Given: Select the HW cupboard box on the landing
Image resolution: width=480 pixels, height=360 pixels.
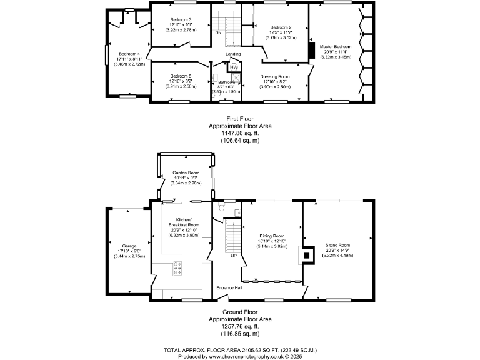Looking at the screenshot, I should click(x=234, y=67).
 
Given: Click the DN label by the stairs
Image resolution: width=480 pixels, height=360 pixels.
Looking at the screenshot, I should click(x=218, y=32).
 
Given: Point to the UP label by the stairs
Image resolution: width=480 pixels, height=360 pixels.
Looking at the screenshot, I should click(x=234, y=256).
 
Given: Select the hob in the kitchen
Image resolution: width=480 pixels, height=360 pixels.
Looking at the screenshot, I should click(x=177, y=268).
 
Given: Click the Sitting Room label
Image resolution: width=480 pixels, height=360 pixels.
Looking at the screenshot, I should click(x=337, y=245).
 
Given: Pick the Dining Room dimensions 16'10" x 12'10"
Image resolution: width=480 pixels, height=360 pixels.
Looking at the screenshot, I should click(x=272, y=241).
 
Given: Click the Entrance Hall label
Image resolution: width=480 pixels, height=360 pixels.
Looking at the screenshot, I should click(x=229, y=287).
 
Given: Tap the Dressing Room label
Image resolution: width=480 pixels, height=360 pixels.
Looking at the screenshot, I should click(x=276, y=76).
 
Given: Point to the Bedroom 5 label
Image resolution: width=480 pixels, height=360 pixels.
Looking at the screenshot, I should click(x=181, y=76).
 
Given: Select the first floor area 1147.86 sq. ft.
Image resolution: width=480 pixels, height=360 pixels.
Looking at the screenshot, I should click(x=240, y=134).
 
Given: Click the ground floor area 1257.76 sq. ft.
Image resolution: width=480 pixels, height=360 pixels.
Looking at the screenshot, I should click(x=240, y=326).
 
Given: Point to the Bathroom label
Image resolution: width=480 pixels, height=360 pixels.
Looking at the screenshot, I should click(x=226, y=82).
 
